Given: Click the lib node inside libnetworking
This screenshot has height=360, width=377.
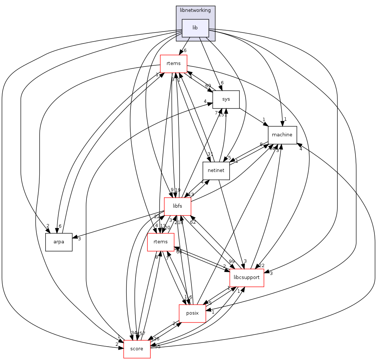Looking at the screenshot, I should coord(195,28).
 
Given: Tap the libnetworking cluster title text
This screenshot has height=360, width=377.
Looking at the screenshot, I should coord(195,10).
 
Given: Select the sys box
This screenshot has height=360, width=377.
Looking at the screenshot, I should coord(226,99).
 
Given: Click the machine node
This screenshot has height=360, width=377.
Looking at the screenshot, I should coord(282,135).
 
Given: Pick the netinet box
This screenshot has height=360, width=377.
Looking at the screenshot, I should coord(216,171).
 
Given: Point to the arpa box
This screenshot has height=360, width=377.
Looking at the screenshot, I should coord(59,242).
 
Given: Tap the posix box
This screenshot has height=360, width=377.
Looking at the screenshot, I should coord(192,313).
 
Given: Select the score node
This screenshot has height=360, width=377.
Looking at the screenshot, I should coord(137,349).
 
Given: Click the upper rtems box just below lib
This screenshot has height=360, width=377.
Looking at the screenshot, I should coord(173,64).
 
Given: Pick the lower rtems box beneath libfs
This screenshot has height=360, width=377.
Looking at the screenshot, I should coord(161,242).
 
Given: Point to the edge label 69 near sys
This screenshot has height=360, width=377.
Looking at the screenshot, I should coord(208,86).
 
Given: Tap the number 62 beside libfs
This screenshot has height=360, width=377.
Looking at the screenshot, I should coord(193,222).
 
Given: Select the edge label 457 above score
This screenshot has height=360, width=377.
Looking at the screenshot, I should coord(141,333).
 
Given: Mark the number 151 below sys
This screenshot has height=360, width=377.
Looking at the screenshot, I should coord(222,115).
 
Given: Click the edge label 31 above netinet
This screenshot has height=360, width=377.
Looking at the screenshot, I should coord(210,155).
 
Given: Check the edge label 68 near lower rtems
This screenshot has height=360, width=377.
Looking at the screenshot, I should coord(179,252).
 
